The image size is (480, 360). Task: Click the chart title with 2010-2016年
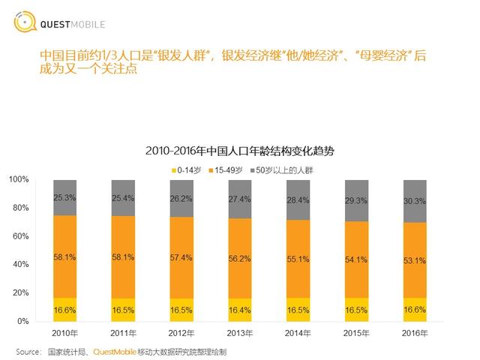(x=240, y=151)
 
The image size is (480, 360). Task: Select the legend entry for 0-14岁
(x=185, y=169)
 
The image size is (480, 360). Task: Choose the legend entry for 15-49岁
(x=229, y=169)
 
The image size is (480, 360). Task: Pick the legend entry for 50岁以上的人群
(x=283, y=169)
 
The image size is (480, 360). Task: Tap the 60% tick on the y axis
(x=21, y=236)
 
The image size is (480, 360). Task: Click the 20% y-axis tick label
(x=21, y=293)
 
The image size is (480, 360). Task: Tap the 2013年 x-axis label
(x=240, y=332)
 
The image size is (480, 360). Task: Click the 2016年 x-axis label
(x=415, y=332)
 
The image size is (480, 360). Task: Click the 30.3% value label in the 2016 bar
(x=415, y=201)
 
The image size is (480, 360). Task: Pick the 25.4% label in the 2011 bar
(x=123, y=198)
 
